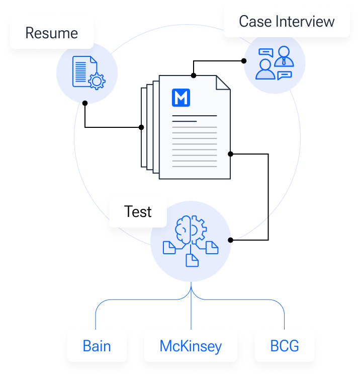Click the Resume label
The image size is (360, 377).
coord(52,33)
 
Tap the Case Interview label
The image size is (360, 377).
coord(287,22)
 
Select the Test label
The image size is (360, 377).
coord(138,211)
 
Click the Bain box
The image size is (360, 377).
coord(97,346)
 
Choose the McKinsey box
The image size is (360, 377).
coord(191,346)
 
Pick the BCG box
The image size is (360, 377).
coord(284,346)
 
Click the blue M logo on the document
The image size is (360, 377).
coord(181,97)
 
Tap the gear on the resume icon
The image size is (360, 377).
coord(96,80)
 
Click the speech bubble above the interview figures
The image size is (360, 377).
coord(265,52)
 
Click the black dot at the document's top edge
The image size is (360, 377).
coord(194,76)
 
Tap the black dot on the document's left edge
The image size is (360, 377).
coord(142,127)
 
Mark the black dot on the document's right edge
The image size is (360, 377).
coord(230,154)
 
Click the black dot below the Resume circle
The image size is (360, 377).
coord(85,103)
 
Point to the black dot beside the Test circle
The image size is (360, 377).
coord(230,240)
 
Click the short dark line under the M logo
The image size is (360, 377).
coord(185,121)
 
